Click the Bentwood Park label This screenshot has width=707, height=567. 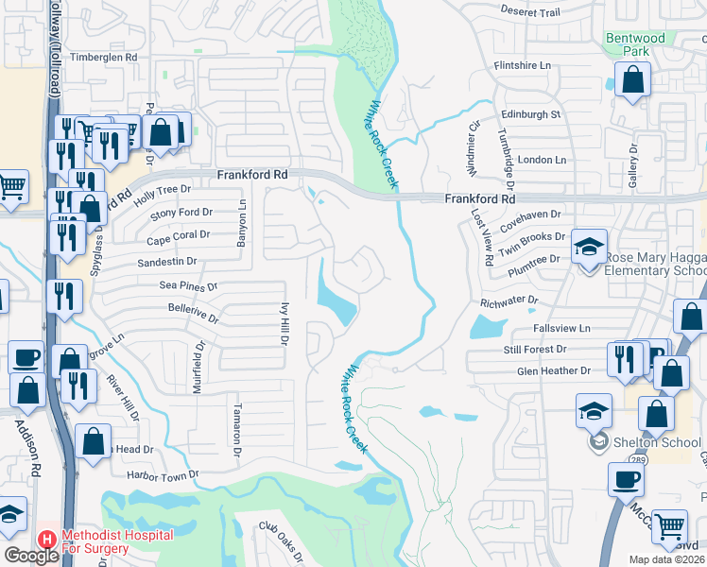tap(635, 45)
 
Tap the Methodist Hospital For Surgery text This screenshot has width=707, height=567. tap(117, 541)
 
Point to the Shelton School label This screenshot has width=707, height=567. tap(648, 441)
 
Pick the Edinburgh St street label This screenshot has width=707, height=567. tap(530, 114)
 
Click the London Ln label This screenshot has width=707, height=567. tap(542, 160)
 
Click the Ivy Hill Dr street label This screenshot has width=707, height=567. tap(284, 324)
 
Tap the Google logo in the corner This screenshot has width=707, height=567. tap(31, 556)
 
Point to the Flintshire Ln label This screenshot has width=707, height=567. tap(522, 66)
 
